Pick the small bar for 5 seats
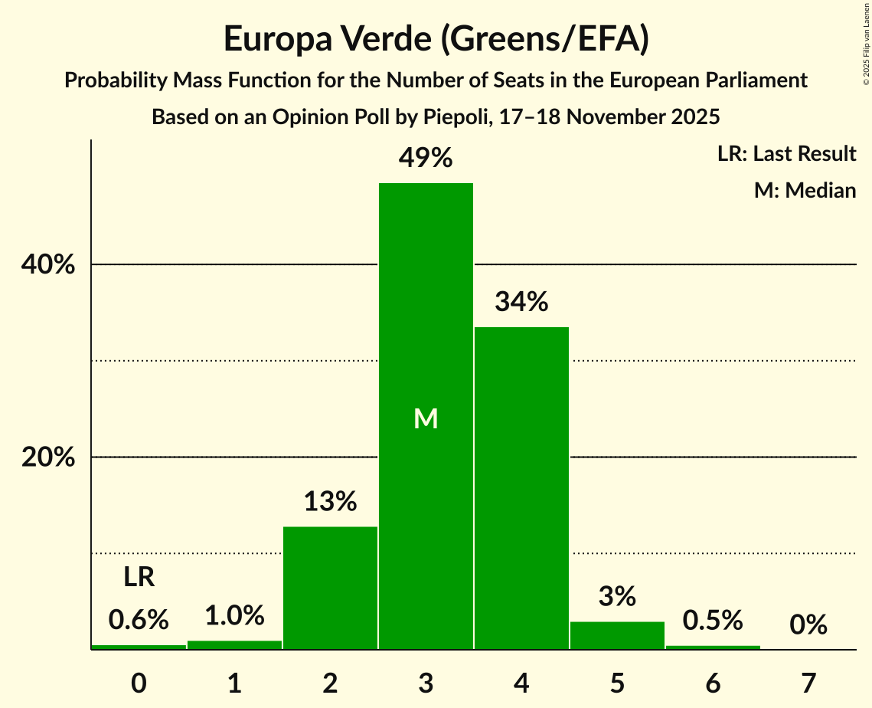pyautogui.click(x=617, y=635)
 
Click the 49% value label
pyautogui.click(x=426, y=159)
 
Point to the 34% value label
pyautogui.click(x=521, y=302)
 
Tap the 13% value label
pyautogui.click(x=330, y=502)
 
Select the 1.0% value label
pyautogui.click(x=234, y=615)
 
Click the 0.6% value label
pyautogui.click(x=139, y=620)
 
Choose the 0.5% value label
pyautogui.click(x=713, y=620)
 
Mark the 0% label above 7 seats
pyautogui.click(x=808, y=625)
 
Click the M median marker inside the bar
pyautogui.click(x=426, y=418)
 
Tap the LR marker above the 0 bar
pyautogui.click(x=139, y=578)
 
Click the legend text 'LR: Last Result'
pyautogui.click(x=786, y=154)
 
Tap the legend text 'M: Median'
pyautogui.click(x=805, y=190)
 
